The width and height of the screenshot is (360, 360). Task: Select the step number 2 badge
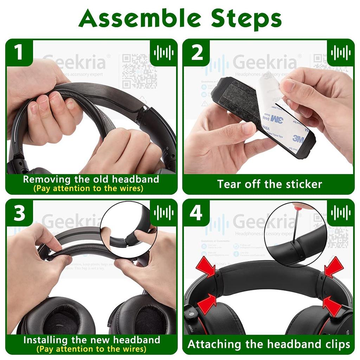tap(197, 52)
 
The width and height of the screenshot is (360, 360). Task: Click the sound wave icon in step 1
tap(163, 53)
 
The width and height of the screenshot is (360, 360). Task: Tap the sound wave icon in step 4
tap(341, 213)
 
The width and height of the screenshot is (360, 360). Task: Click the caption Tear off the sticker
tap(269, 184)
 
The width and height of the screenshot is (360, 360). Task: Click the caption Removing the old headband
tap(91, 179)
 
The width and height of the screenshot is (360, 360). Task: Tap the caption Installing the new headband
tap(91, 340)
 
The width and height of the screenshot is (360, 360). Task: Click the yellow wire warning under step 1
tap(88, 188)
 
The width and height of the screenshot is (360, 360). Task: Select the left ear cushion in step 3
tap(57, 316)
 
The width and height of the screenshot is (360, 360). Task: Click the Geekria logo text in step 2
tap(265, 63)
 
